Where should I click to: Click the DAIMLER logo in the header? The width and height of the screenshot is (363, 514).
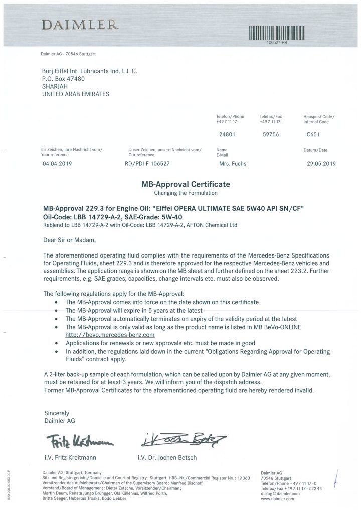tap(80, 24)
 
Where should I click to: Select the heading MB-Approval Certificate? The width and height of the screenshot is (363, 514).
tap(186, 184)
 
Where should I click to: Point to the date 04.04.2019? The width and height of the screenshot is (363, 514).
tap(58, 163)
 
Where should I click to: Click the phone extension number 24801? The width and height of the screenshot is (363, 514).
tap(228, 134)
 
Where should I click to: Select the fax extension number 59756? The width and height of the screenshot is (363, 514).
tap(271, 134)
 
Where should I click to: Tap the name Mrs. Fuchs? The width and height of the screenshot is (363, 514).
tap(233, 163)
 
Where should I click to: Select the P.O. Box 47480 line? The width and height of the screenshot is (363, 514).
tap(63, 79)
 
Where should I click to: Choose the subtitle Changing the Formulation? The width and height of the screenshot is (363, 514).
tap(186, 193)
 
